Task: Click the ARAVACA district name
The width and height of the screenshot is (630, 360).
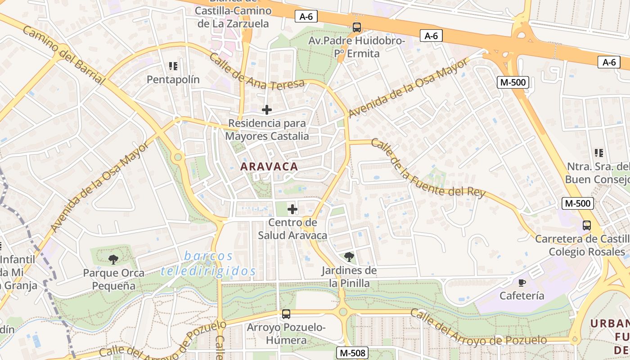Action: [269, 166]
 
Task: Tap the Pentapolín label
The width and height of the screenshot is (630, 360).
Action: [173, 80]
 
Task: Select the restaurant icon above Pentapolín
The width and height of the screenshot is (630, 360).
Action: [173, 67]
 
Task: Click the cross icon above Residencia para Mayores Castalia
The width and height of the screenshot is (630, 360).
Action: [267, 109]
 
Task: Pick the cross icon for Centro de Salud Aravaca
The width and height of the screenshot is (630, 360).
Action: [292, 209]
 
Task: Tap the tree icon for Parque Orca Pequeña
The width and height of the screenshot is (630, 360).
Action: [113, 259]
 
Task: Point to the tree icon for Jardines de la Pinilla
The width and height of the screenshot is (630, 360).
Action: [349, 257]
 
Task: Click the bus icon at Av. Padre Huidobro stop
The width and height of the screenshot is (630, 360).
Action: [357, 27]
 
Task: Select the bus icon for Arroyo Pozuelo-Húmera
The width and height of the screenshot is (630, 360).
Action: [286, 314]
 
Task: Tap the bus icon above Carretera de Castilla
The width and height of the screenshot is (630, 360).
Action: [587, 225]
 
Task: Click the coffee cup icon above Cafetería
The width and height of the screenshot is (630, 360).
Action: [522, 283]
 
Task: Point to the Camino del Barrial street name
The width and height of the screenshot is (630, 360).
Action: [63, 55]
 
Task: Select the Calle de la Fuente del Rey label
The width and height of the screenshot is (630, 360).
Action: [428, 169]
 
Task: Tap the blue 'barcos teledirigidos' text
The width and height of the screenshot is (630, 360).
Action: [208, 264]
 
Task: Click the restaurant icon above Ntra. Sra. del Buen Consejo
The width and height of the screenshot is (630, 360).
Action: [598, 153]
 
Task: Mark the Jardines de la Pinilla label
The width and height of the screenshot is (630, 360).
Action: [349, 277]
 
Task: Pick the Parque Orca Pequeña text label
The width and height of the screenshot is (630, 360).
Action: [113, 279]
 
